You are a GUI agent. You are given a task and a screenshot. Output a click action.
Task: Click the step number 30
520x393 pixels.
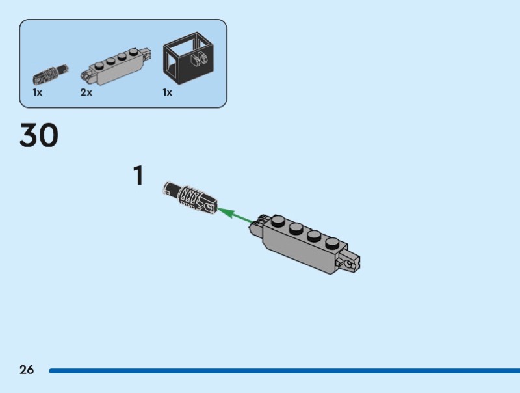39,135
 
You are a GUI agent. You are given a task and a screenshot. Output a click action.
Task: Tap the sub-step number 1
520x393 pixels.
138,175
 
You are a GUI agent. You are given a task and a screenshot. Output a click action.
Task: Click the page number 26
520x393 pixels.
27,370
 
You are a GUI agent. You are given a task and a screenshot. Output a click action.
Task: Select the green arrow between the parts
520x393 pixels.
235,215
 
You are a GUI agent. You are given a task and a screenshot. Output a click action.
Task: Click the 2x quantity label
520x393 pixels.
86,92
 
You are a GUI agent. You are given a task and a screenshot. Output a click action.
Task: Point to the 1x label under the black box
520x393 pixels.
167,92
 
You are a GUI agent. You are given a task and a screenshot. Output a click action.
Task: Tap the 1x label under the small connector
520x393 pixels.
38,92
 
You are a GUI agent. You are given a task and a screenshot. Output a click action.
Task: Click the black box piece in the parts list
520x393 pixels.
188,58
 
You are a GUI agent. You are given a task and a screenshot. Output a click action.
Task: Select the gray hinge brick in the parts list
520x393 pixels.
116,66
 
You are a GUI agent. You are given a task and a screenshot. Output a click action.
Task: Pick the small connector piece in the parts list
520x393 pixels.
51,74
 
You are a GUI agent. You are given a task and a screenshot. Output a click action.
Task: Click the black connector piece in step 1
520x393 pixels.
190,197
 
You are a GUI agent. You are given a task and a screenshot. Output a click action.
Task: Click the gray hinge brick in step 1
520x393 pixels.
304,244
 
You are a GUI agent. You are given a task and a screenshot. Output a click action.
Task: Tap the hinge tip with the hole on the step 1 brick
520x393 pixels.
348,262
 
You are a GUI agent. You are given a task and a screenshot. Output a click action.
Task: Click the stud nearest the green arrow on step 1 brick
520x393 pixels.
278,221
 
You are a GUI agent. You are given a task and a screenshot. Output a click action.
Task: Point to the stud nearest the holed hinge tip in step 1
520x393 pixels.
331,243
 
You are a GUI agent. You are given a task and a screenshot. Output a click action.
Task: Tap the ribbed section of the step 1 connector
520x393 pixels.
190,197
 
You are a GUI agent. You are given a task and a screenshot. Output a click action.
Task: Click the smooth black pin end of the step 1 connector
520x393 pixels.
172,189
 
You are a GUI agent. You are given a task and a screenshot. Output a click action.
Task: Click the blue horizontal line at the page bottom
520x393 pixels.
285,370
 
